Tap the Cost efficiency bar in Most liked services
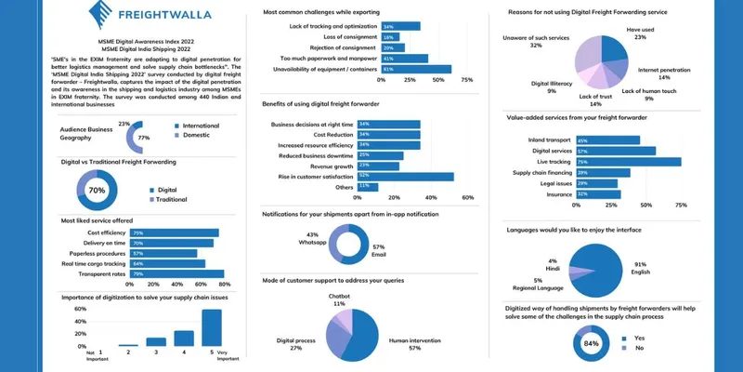(175, 232)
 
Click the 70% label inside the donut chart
(96, 190)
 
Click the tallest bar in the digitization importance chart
(212, 326)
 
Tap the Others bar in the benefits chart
(367, 186)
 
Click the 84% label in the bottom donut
(590, 343)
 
